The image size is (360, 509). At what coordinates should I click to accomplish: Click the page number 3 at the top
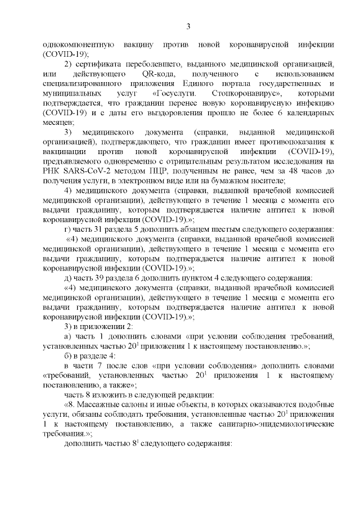pyautogui.click(x=188, y=26)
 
